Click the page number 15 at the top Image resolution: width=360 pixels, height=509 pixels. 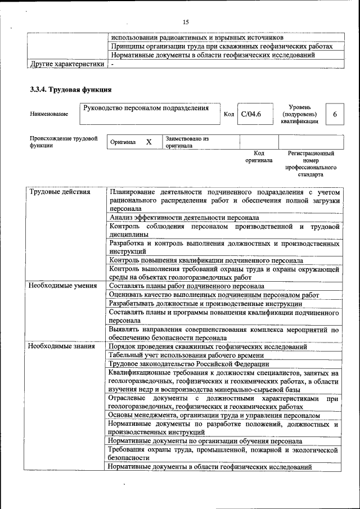[x=186, y=22]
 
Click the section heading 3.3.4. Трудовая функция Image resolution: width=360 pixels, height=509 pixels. [x=70, y=89]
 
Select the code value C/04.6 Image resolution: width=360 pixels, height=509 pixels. [x=251, y=114]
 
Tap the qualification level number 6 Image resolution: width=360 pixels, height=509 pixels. [x=335, y=114]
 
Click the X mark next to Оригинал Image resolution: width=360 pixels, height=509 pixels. [x=148, y=142]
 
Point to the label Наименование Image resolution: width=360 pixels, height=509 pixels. [x=49, y=114]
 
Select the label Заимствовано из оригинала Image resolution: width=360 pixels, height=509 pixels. [x=186, y=142]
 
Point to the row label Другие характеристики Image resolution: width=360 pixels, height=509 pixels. [x=67, y=65]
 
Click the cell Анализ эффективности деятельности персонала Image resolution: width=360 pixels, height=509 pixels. [x=184, y=217]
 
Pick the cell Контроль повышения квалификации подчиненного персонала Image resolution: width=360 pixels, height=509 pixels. [x=206, y=260]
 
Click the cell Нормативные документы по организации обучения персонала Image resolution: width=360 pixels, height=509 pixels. [x=205, y=442]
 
